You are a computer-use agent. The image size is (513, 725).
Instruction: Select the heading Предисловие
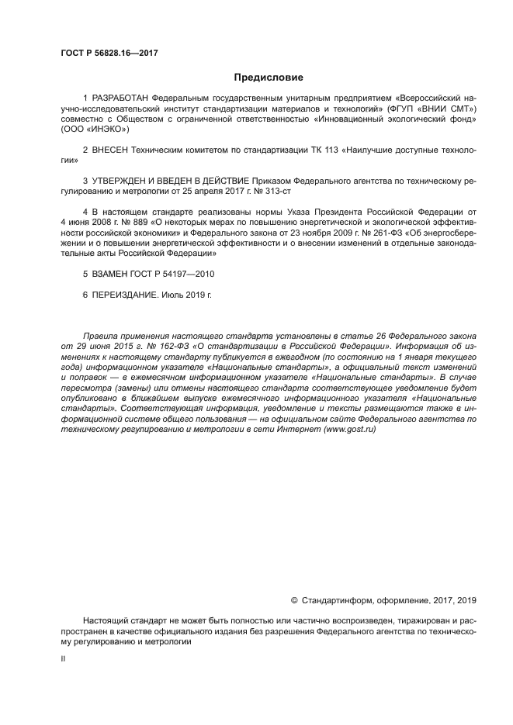pyautogui.click(x=269, y=78)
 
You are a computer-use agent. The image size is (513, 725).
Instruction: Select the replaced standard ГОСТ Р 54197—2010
pyautogui.click(x=176, y=274)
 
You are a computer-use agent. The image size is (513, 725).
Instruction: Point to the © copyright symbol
pyautogui.click(x=294, y=599)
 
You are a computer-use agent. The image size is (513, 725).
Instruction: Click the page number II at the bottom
pyautogui.click(x=63, y=658)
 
